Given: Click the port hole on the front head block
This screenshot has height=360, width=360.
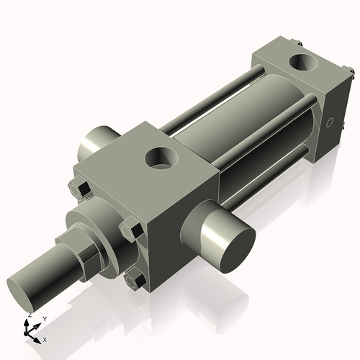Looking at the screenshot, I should (x=160, y=157).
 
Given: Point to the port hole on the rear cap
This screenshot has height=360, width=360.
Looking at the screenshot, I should (x=302, y=63).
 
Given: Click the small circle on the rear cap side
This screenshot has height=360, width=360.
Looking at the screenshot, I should (x=330, y=123).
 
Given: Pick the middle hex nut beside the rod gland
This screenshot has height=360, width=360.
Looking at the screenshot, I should (x=130, y=232).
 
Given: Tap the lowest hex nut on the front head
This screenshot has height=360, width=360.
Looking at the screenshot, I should (x=134, y=281).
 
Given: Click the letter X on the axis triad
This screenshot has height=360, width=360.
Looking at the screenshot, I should (x=45, y=338).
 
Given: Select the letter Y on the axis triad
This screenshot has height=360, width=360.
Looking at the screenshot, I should (x=45, y=318).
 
